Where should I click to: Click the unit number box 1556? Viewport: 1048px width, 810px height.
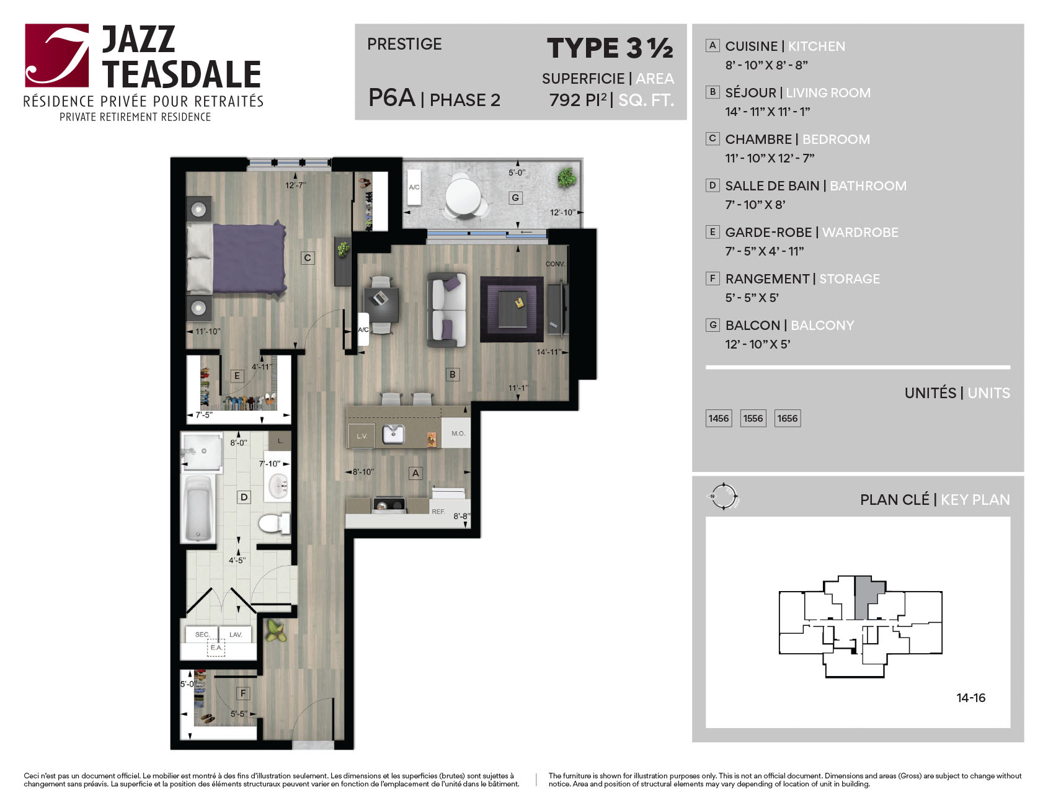coord(753,418)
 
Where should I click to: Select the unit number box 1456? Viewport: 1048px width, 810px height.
coord(719,418)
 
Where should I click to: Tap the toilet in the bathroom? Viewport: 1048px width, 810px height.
coord(274,523)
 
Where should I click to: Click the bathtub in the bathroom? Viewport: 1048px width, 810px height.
coord(198,508)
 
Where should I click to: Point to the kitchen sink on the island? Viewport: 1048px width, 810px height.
coord(393,434)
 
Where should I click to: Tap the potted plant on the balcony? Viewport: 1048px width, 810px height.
coord(566,177)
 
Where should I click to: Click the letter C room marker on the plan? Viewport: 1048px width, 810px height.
coord(308,257)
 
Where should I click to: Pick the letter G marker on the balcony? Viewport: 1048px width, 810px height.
coord(515,198)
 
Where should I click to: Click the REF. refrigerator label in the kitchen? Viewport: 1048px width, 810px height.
coord(438,512)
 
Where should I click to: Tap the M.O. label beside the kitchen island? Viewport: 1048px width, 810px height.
coord(458,434)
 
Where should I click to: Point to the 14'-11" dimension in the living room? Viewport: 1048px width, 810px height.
coord(549,352)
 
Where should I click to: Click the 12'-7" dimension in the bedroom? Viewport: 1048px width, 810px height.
coord(296,185)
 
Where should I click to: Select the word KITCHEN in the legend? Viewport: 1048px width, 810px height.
coord(817,47)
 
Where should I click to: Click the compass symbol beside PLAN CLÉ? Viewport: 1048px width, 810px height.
coord(723,496)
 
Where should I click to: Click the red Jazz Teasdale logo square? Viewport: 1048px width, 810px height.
coord(57,55)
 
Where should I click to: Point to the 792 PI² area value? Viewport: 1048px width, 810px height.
coord(578,99)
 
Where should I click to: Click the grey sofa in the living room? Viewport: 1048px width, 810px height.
coord(446,309)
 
